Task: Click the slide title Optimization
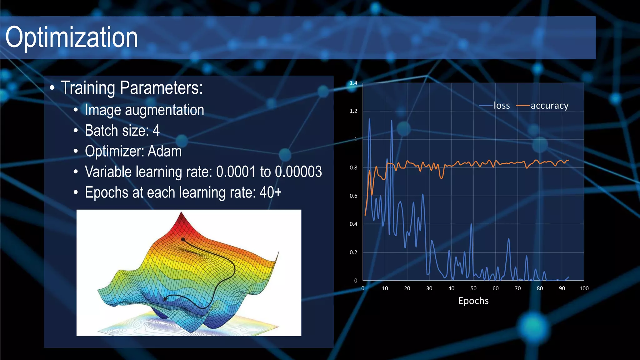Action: click(x=71, y=37)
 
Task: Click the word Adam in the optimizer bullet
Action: click(x=164, y=151)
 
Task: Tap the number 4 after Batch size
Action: click(x=156, y=131)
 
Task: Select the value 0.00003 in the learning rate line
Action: click(x=298, y=172)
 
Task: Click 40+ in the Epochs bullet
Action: click(x=270, y=192)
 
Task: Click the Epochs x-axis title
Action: click(x=473, y=301)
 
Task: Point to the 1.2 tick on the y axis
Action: click(x=353, y=111)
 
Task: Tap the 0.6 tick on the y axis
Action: click(x=353, y=196)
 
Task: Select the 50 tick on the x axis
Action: click(x=473, y=288)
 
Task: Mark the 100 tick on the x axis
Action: click(x=584, y=288)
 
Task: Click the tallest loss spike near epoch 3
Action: click(x=369, y=119)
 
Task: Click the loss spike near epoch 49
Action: click(x=471, y=224)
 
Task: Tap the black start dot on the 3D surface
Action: click(x=183, y=240)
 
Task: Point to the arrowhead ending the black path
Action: click(x=165, y=299)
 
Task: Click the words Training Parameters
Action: click(x=132, y=88)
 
